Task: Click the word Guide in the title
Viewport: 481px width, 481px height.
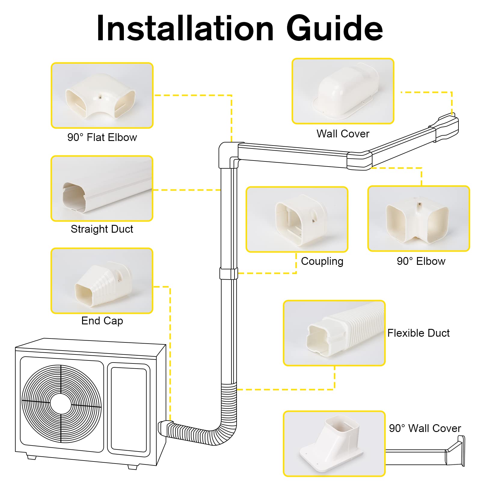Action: pos(334,29)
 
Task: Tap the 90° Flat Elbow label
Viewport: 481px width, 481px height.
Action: pos(102,137)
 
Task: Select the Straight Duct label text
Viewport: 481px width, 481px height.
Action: pos(102,229)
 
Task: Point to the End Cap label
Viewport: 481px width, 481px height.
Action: pos(102,321)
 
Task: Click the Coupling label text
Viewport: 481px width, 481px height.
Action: pos(322,261)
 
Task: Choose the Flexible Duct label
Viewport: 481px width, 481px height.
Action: pos(418,333)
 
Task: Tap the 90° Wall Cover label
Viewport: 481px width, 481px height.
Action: pos(425,428)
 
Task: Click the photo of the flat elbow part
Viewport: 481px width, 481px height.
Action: pos(102,96)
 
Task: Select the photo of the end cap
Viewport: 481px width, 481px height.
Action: pos(102,281)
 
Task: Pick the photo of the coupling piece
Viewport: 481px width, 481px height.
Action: pos(297,219)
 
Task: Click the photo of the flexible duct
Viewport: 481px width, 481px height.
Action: pos(334,333)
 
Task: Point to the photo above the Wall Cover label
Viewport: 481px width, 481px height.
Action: pos(343,91)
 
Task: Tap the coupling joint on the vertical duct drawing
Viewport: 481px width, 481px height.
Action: pos(229,273)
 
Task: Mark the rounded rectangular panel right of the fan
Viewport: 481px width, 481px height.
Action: pos(129,409)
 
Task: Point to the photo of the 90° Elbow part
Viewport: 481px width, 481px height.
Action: pos(418,219)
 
